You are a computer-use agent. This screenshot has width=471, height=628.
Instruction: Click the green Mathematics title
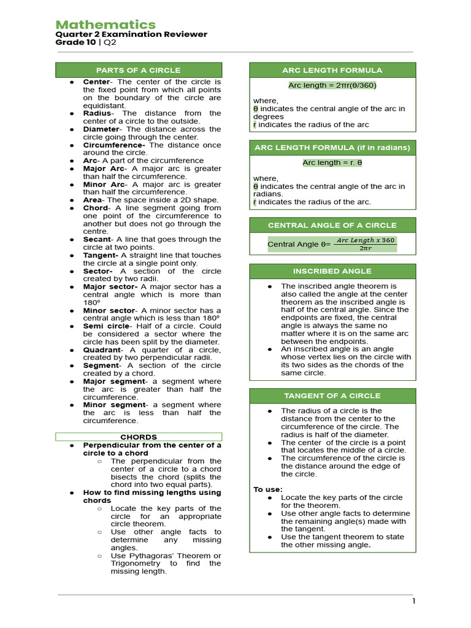105,25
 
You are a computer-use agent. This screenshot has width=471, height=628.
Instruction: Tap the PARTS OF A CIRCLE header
139,70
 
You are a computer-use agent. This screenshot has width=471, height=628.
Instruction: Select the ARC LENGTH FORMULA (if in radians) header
332,148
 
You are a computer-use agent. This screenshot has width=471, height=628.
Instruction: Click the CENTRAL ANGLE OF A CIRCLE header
332,225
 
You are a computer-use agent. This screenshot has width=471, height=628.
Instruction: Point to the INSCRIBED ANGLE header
332,271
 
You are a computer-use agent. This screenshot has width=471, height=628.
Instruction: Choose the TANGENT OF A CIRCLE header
332,396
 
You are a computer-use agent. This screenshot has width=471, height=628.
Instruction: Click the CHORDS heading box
139,437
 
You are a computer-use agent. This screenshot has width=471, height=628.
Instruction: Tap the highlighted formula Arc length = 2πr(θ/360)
332,85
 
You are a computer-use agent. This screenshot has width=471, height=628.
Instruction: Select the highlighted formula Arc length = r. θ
332,163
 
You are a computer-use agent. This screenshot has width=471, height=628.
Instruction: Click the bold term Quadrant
102,350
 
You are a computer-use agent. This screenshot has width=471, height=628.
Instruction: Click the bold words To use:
268,489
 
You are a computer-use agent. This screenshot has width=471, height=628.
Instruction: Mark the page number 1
414,601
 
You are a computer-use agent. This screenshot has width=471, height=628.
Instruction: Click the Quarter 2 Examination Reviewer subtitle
131,34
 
